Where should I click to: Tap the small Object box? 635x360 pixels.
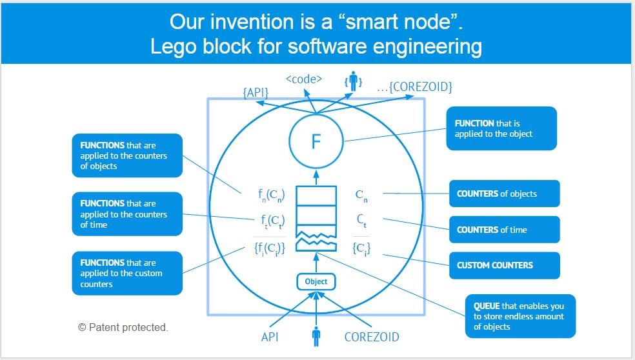316,281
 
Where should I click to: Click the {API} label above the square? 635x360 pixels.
256,93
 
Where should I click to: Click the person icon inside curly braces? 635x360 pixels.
352,82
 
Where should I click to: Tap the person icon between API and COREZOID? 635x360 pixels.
316,337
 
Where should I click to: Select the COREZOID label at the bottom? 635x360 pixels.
372,337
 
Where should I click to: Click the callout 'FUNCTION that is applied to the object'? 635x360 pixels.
501,128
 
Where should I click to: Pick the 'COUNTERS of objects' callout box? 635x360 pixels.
504,194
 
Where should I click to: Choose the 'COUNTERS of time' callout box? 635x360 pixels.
504,230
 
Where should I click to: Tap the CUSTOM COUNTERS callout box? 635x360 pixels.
504,265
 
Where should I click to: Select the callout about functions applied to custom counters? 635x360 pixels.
127,273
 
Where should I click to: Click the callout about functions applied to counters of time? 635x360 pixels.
127,214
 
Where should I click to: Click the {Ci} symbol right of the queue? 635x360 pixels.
361,248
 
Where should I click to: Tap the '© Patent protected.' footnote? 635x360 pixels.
123,328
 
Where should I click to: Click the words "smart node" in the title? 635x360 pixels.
405,23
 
